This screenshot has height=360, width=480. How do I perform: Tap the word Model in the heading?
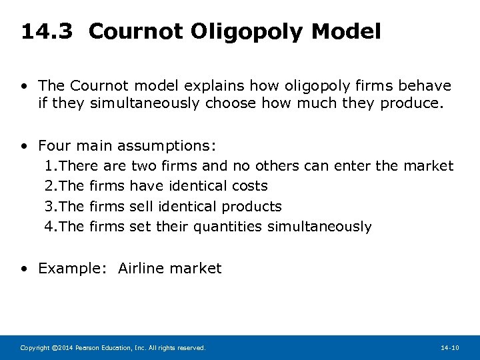(x=349, y=31)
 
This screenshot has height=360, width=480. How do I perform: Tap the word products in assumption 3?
(x=251, y=206)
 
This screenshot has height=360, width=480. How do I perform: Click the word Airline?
(x=141, y=268)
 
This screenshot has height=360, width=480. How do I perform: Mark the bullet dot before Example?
(x=25, y=269)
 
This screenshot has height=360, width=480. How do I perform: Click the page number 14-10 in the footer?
(x=450, y=347)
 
